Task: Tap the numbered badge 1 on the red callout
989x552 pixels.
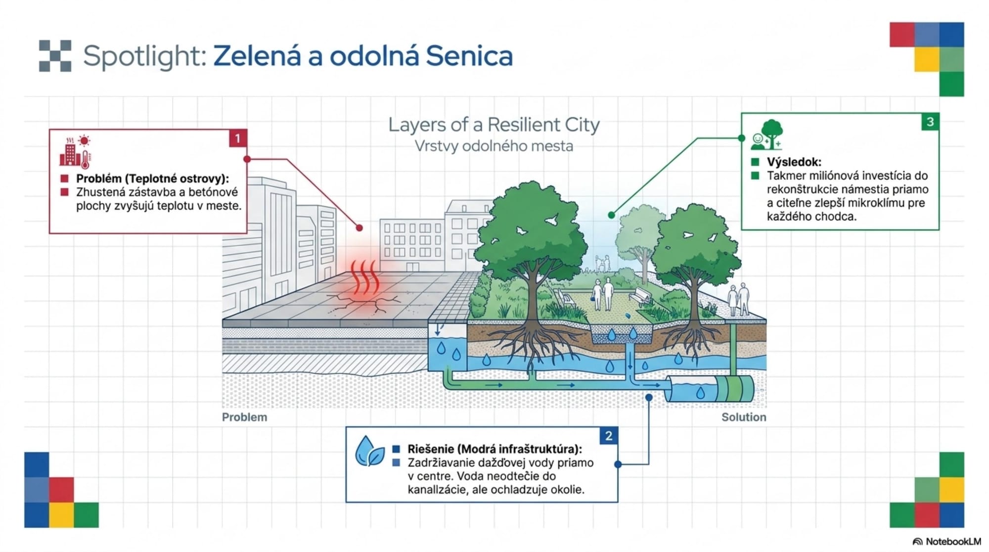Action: (238, 138)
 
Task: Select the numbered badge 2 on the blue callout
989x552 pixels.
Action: (609, 436)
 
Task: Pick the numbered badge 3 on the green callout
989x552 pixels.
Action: (930, 122)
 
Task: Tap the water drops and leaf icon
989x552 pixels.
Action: (369, 451)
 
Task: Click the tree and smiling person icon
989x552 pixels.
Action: (767, 135)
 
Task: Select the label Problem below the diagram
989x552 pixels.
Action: (244, 417)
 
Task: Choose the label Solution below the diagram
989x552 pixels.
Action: (743, 417)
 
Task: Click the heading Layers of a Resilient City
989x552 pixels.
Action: (494, 125)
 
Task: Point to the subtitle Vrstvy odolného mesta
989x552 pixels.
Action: (494, 146)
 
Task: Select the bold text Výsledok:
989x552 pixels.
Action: (794, 162)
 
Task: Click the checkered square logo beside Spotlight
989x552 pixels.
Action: (55, 55)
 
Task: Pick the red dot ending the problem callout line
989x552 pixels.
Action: (360, 228)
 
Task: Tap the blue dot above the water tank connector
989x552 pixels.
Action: (649, 397)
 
